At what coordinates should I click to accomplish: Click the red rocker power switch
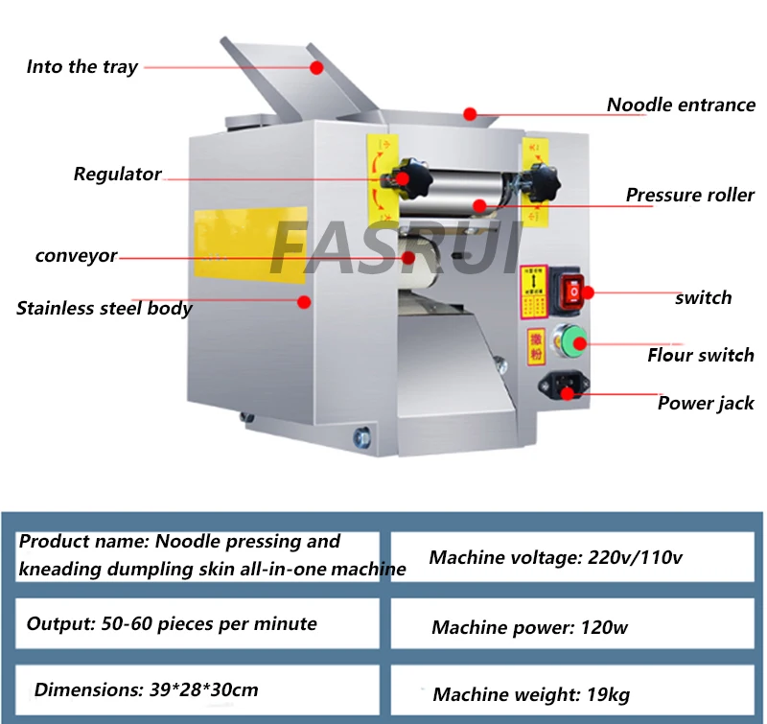(x=571, y=288)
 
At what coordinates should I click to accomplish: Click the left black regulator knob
(x=398, y=177)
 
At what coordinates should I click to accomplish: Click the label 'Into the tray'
(x=82, y=67)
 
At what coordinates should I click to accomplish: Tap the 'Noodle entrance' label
(x=681, y=105)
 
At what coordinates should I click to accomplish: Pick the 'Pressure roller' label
(x=689, y=196)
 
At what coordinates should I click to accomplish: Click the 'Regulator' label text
(x=117, y=175)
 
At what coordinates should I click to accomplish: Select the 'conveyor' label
(x=76, y=256)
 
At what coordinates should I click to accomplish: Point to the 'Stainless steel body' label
(x=104, y=309)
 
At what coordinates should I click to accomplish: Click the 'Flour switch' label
(x=700, y=356)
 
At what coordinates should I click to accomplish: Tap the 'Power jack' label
(x=705, y=404)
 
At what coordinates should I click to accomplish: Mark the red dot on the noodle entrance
(x=470, y=115)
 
